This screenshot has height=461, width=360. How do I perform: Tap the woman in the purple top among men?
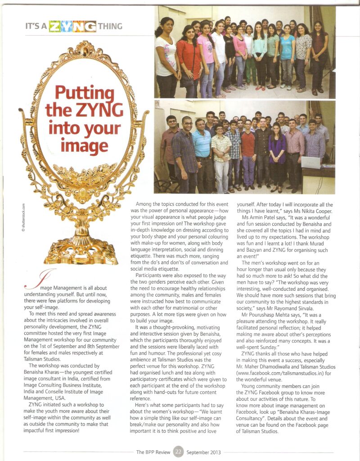(x=277, y=153)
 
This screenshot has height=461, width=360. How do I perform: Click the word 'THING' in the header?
(x=110, y=26)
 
